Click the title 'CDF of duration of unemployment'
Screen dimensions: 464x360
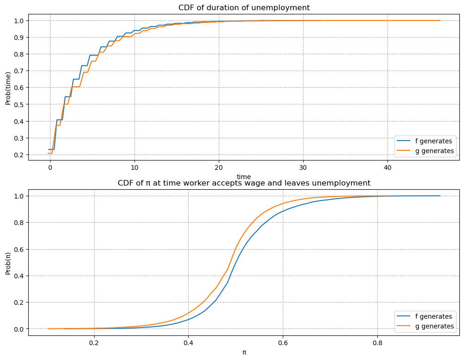point(244,8)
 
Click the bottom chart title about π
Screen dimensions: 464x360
point(244,183)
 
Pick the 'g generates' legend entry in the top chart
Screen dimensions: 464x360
point(425,151)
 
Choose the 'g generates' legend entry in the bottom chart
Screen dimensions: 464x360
point(425,326)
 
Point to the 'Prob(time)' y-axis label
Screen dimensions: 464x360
point(8,88)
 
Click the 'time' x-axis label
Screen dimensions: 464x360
point(244,177)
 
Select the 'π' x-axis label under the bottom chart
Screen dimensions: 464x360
point(244,353)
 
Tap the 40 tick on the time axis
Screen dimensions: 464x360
point(388,167)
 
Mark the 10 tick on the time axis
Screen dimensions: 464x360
point(134,167)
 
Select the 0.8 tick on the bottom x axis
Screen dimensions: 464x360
point(377,343)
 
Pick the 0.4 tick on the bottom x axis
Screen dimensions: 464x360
point(188,343)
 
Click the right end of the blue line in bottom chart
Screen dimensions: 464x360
point(440,196)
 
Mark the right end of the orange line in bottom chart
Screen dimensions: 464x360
point(390,196)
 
